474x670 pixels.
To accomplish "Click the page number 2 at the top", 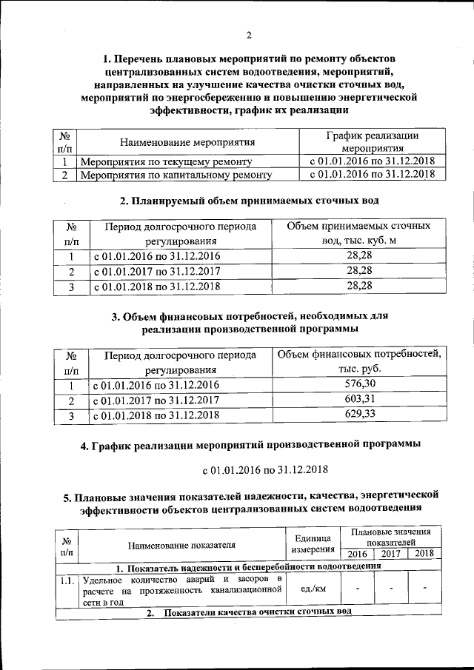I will tap(250, 35).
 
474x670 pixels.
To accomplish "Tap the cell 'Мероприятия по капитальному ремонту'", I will tap(176, 175).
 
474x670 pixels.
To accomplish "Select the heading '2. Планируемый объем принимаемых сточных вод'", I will tap(249, 201).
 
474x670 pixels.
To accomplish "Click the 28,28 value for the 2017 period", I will tap(359, 271).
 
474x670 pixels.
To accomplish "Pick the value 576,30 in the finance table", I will tap(360, 383).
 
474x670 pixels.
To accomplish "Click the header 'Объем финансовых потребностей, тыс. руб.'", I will tap(359, 361).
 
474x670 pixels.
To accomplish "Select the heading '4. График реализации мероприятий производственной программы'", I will tap(250, 446).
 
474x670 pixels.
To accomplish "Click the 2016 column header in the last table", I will tap(357, 554).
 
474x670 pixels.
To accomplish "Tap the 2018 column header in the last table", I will tap(424, 554).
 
